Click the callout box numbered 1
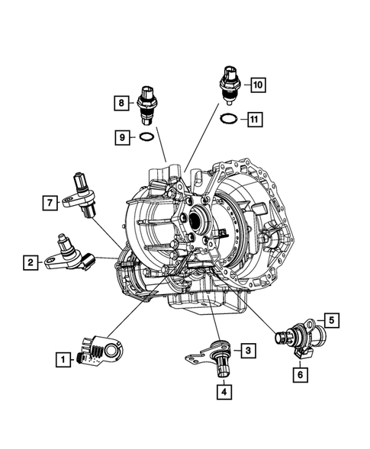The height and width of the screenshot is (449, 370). coord(59,356)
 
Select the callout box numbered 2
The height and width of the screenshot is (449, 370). coord(30,262)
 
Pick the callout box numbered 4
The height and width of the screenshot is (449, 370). coord(224,392)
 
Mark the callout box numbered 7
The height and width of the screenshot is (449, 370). coord(49,202)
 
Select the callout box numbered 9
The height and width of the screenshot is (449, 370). coord(121,137)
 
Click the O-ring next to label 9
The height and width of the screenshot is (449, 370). coord(147,138)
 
